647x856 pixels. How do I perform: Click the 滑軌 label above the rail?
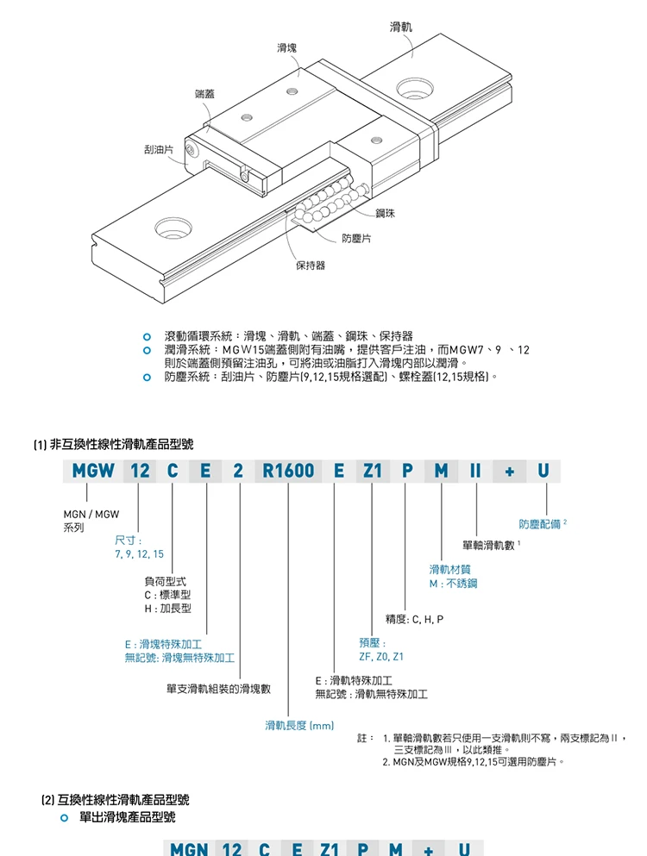coord(401,28)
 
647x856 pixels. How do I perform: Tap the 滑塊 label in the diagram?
coord(286,47)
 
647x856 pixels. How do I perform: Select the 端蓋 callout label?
coord(204,93)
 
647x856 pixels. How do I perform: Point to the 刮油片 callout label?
coord(159,150)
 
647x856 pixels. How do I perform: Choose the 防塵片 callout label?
coord(356,238)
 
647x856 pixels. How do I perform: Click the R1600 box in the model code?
coord(287,471)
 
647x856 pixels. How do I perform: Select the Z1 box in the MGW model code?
coord(372,471)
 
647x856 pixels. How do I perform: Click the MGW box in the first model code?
coord(93,471)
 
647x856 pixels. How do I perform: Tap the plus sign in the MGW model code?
coord(510,471)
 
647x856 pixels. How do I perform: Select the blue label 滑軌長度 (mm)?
coord(298,725)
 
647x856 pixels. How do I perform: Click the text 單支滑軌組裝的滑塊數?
coord(218,689)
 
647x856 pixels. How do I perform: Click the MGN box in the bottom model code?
coord(188,848)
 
